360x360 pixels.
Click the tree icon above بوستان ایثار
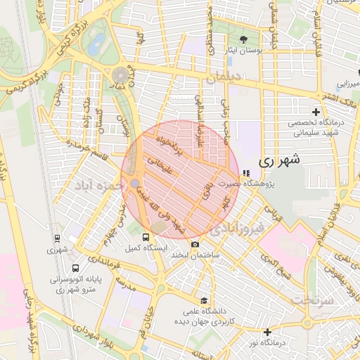click(x=244, y=39)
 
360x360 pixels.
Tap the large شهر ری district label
click(x=279, y=160)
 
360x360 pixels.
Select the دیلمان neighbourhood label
click(x=224, y=77)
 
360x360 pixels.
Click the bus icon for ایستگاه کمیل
click(x=146, y=238)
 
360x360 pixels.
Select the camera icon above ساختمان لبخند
click(x=195, y=244)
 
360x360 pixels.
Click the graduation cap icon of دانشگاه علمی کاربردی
click(x=204, y=300)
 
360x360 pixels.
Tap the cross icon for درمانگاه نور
click(x=267, y=332)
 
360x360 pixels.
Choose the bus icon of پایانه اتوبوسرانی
click(x=77, y=268)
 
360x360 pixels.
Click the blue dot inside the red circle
click(x=134, y=184)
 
